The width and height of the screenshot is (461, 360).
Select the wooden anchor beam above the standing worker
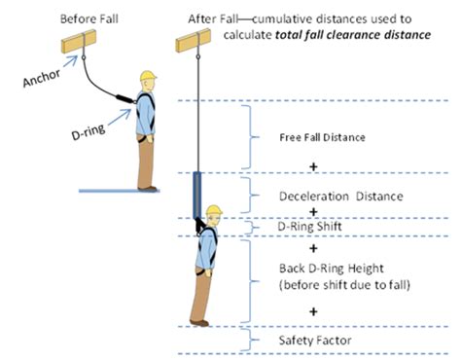click(81, 45)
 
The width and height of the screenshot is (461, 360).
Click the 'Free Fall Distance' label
click(322, 137)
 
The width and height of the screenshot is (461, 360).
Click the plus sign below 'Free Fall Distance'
click(314, 167)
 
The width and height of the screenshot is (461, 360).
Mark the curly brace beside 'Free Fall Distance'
click(255, 137)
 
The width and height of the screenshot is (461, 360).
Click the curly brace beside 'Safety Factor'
click(255, 340)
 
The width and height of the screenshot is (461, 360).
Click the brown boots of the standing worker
click(147, 185)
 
